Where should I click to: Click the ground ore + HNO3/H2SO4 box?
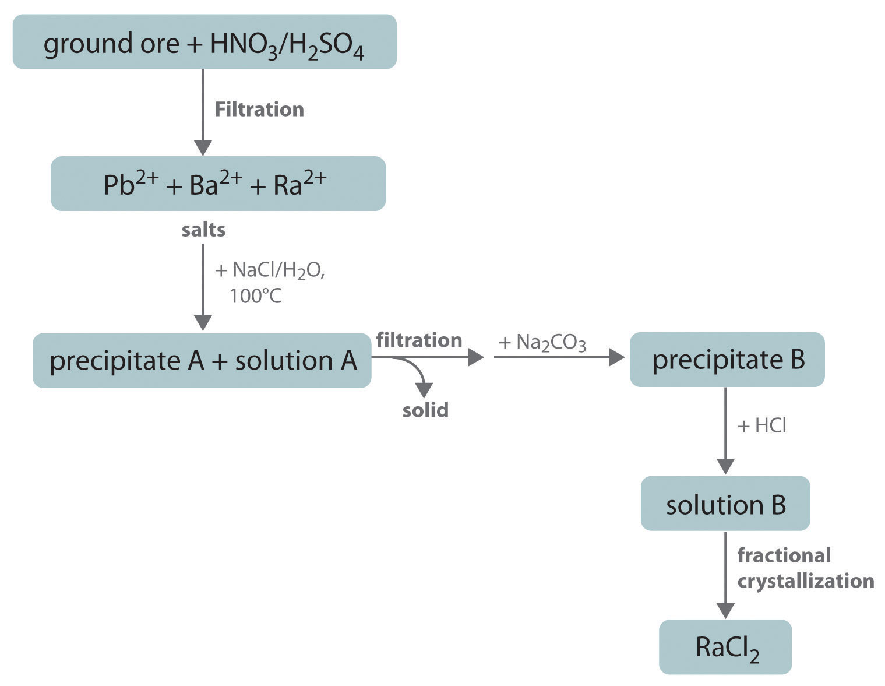204,42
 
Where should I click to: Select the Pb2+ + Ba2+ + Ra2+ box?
218,184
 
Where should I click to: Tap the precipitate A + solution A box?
202,361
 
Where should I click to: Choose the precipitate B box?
727,360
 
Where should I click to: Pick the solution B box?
725,504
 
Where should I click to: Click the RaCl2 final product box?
725,647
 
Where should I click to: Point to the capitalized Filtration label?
259,110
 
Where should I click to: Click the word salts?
203,230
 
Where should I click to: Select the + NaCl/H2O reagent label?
269,270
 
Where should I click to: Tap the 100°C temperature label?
255,296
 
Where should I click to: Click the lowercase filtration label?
419,340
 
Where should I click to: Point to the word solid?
425,410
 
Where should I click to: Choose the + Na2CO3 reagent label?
542,343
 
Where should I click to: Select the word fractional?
784,555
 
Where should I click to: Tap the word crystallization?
806,581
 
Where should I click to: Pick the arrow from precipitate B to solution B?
725,431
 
